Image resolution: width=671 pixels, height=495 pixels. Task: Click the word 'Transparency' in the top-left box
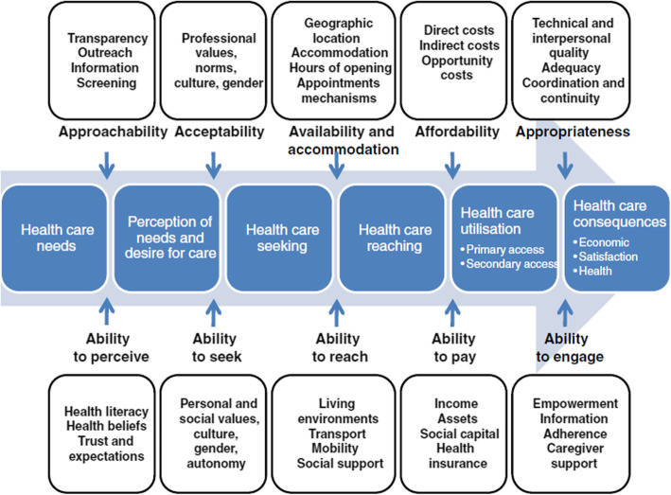pyautogui.click(x=108, y=38)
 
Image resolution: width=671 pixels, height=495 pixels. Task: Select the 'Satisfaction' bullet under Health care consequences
pyautogui.click(x=610, y=256)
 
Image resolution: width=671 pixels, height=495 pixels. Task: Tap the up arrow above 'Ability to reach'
pyautogui.click(x=336, y=309)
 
